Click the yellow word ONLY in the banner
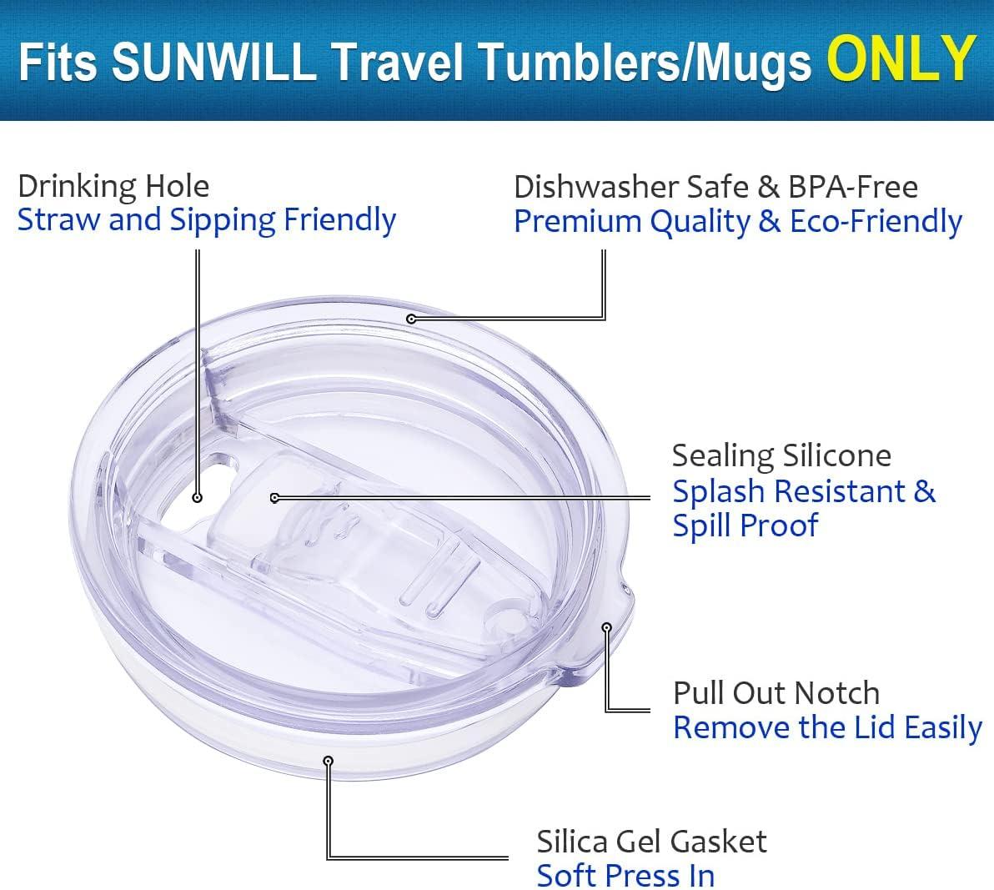(901, 58)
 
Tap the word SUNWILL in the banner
(214, 61)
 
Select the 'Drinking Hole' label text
(113, 186)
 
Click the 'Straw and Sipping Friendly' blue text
(207, 220)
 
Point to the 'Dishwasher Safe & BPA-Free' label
(715, 187)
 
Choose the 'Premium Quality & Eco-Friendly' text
(738, 222)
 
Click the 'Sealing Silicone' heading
(781, 455)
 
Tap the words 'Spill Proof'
(745, 525)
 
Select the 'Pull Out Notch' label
(776, 693)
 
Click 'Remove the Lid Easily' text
(828, 727)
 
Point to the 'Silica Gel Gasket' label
(651, 842)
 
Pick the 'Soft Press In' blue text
(625, 876)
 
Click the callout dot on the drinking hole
(197, 498)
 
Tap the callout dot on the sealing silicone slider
(274, 498)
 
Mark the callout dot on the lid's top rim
(411, 319)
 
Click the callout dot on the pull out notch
(607, 627)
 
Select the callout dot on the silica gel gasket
(328, 760)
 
